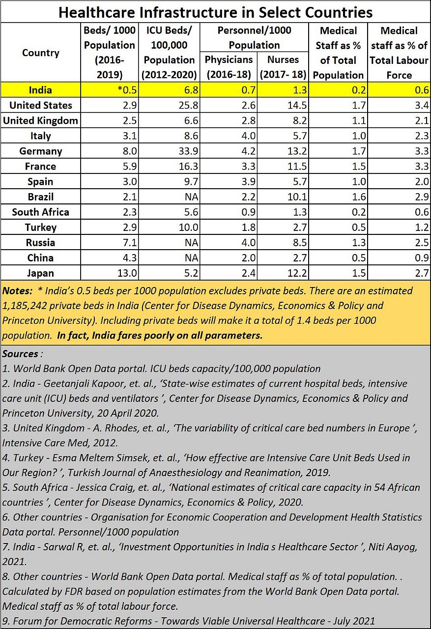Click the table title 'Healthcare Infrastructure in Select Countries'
[215, 12]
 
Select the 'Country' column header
[41, 53]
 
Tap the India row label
[41, 90]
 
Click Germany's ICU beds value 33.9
[186, 151]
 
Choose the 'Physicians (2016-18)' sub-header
[229, 67]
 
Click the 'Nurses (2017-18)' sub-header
[283, 67]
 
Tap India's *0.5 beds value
[122, 90]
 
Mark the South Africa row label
[41, 212]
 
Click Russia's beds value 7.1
[127, 242]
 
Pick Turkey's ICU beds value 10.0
[186, 227]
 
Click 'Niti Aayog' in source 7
[391, 546]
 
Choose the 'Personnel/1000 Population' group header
[255, 38]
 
